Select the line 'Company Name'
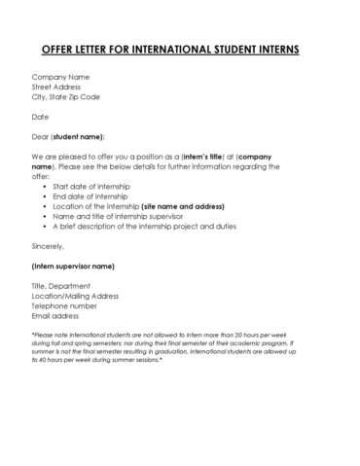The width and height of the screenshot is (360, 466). coord(60,76)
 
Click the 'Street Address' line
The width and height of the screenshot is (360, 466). coord(58,87)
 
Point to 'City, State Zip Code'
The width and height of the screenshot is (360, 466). coord(65,97)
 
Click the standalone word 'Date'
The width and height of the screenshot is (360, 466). coord(40,117)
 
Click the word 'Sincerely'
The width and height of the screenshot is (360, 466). coord(50,247)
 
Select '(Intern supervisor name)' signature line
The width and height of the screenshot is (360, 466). coord(73,266)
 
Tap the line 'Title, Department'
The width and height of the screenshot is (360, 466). coord(62,286)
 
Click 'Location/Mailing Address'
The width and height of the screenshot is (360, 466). coord(74,297)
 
